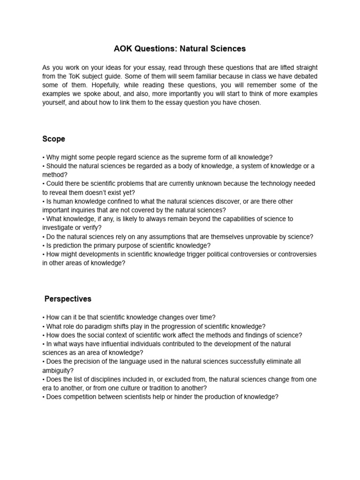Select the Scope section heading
[53, 139]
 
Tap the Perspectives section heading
[68, 299]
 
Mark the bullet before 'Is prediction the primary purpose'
[44, 246]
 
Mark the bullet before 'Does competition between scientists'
[44, 397]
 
